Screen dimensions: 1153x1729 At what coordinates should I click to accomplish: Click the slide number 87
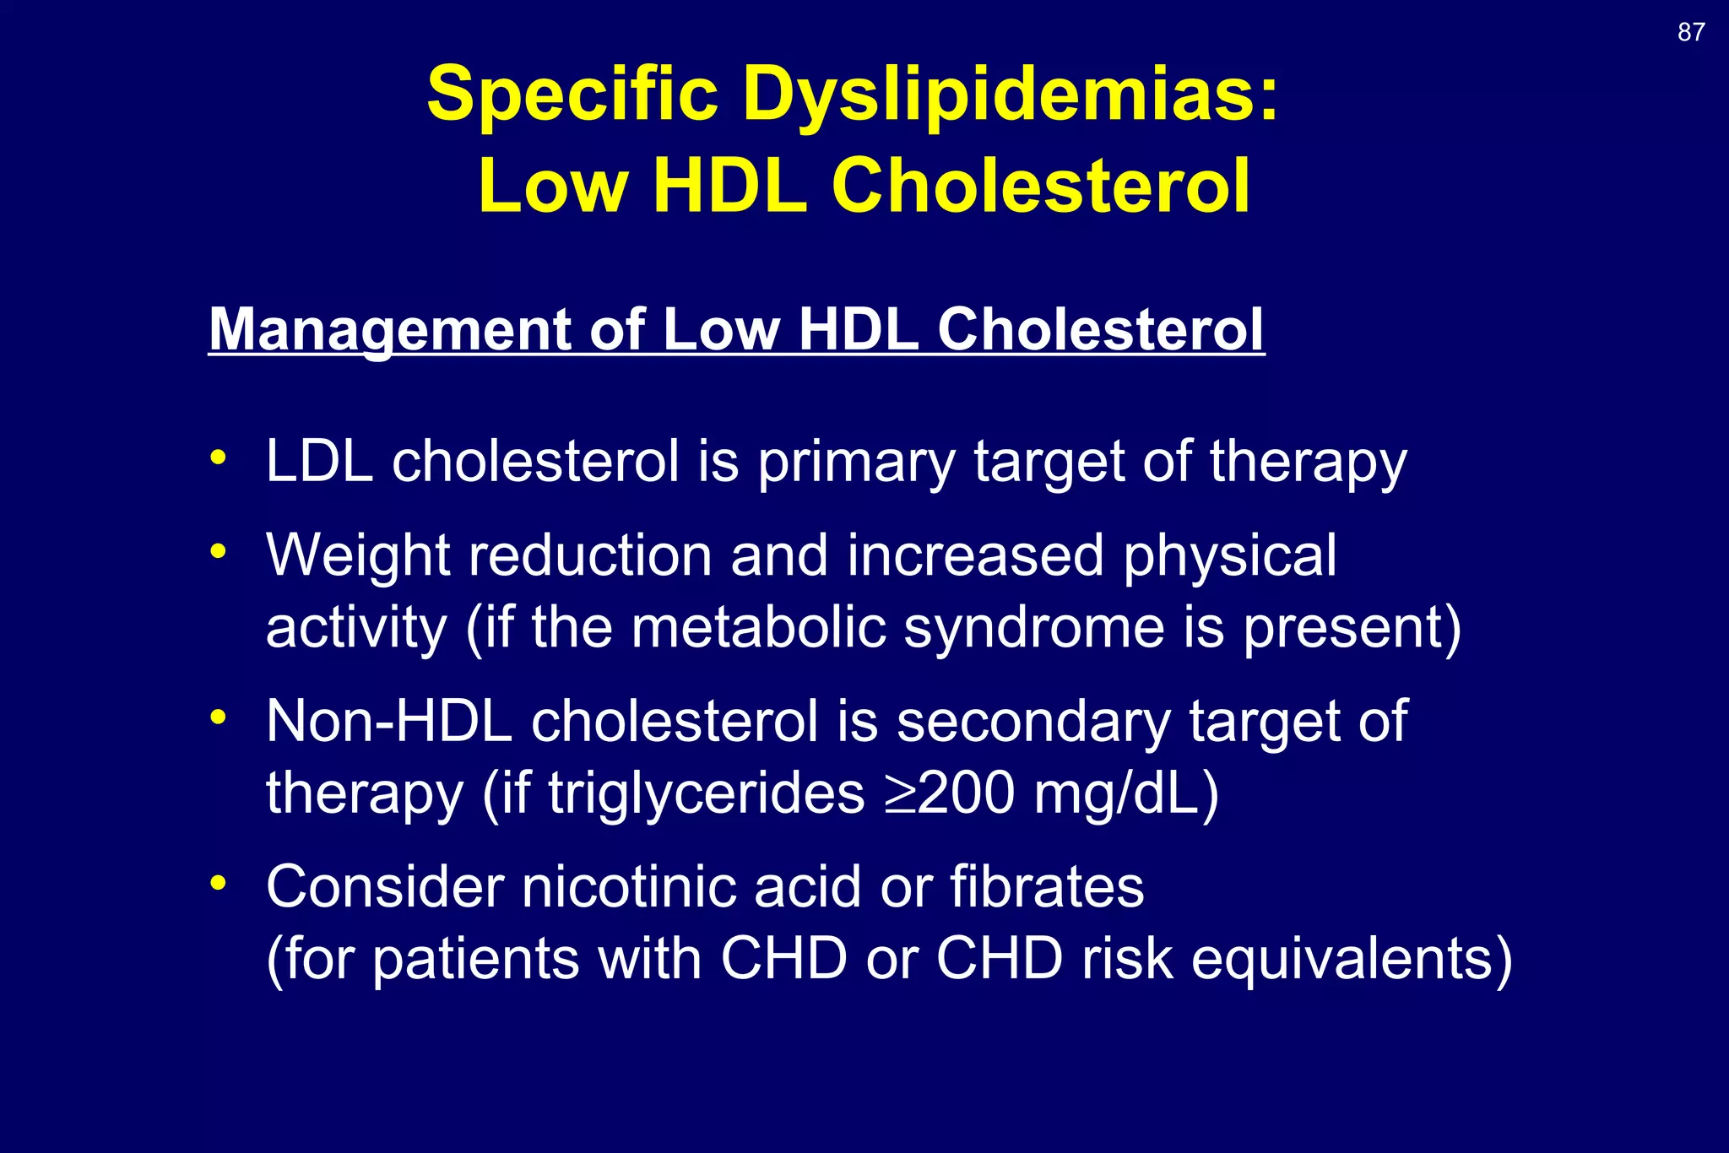tap(1691, 32)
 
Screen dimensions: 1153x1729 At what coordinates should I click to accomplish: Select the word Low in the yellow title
tap(553, 187)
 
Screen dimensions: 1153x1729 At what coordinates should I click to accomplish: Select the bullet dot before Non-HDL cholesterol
tap(219, 717)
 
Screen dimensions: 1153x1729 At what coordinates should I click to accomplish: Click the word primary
tap(856, 464)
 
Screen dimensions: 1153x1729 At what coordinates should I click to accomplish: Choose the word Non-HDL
tap(389, 722)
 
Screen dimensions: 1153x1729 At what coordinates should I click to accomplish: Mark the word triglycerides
tap(707, 795)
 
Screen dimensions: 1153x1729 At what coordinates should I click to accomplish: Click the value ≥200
tap(950, 793)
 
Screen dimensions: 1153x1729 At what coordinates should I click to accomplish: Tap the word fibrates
tap(1047, 887)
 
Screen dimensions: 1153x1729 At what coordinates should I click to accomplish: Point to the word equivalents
tap(1351, 961)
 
